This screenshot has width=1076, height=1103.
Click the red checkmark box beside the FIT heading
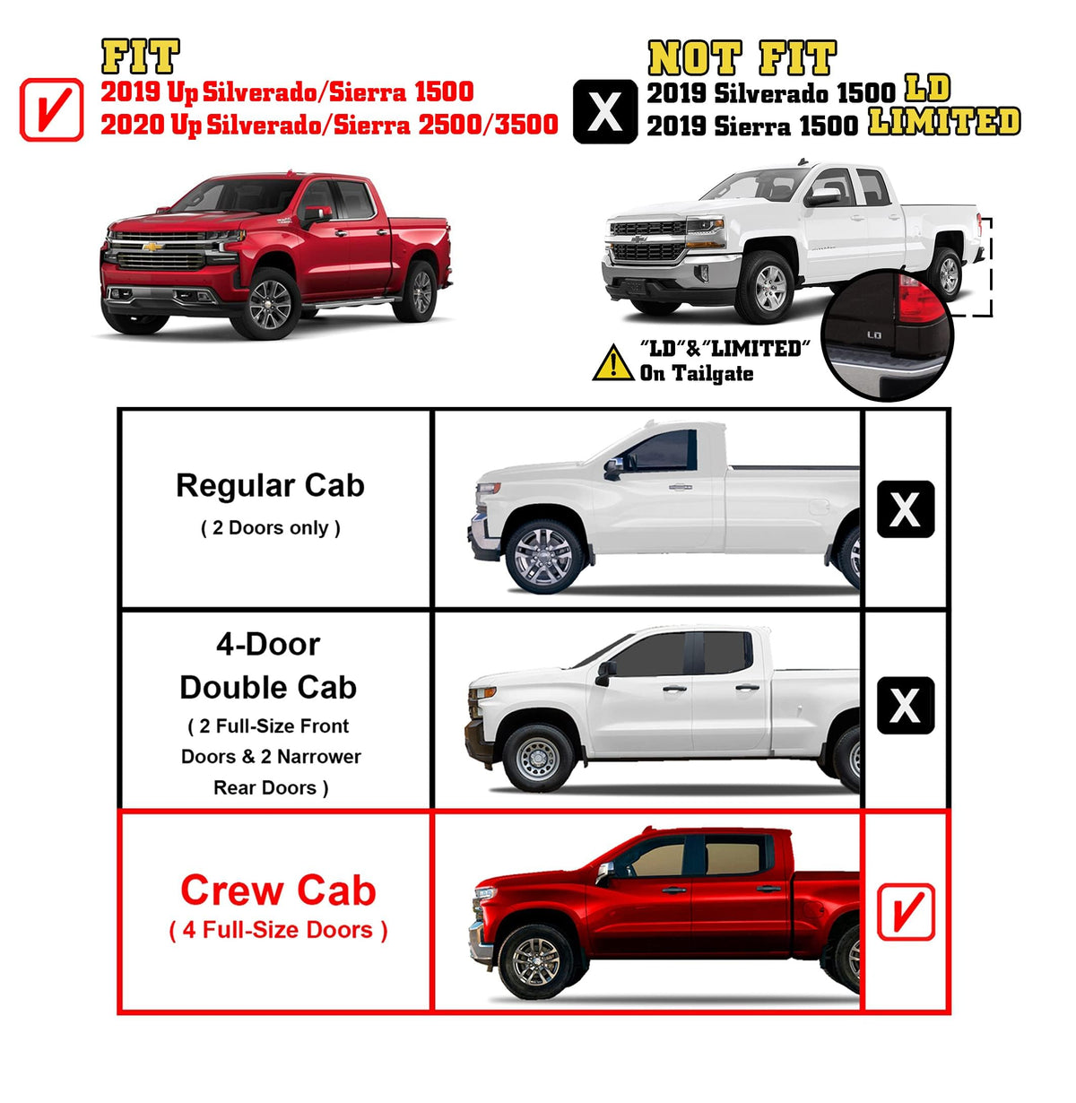click(x=52, y=110)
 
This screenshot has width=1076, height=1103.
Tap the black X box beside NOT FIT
click(x=605, y=111)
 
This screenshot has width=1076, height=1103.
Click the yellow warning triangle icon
click(x=613, y=363)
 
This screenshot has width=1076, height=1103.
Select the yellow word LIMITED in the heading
click(x=944, y=122)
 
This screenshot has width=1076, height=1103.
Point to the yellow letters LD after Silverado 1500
click(x=927, y=89)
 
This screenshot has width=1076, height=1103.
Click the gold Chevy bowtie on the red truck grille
click(x=152, y=246)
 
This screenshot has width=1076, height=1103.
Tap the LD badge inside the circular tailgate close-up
click(x=874, y=335)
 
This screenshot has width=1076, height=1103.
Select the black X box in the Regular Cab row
click(x=906, y=509)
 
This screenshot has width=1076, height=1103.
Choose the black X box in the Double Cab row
click(x=906, y=705)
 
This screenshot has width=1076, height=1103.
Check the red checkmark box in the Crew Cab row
click(x=906, y=912)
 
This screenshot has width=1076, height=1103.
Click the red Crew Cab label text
click(x=278, y=890)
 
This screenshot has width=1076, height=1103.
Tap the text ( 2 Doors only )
click(x=270, y=528)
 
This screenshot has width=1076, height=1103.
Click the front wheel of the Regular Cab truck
click(x=544, y=556)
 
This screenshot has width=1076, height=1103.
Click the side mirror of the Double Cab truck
click(x=604, y=673)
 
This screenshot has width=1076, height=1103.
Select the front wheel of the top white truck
click(x=768, y=288)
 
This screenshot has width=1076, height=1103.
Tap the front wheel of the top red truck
click(x=270, y=305)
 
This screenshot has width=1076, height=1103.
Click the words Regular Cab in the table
click(x=270, y=486)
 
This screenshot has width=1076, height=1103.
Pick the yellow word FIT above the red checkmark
click(x=141, y=56)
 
